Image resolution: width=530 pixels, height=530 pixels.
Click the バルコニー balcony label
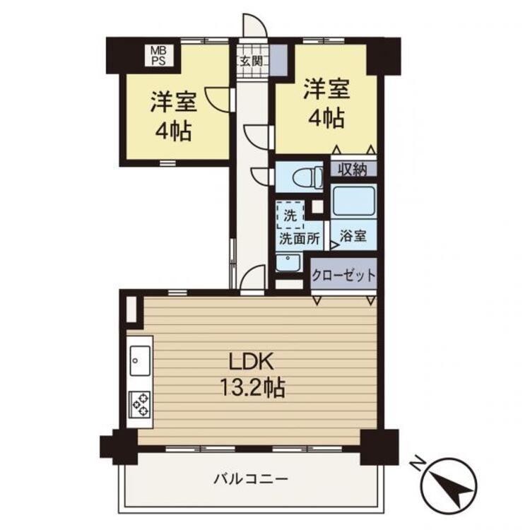tap(252, 479)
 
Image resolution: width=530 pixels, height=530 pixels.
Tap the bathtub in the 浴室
tap(353, 202)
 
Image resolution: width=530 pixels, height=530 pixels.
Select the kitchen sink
tap(139, 363)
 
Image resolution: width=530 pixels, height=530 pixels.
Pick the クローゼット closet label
tap(344, 276)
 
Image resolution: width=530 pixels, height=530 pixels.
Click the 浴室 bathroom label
tap(353, 237)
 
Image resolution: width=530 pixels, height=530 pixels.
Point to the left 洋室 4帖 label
tap(172, 117)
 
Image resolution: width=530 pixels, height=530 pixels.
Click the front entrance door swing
tap(253, 27)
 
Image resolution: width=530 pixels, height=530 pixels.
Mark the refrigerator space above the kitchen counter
tap(132, 310)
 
